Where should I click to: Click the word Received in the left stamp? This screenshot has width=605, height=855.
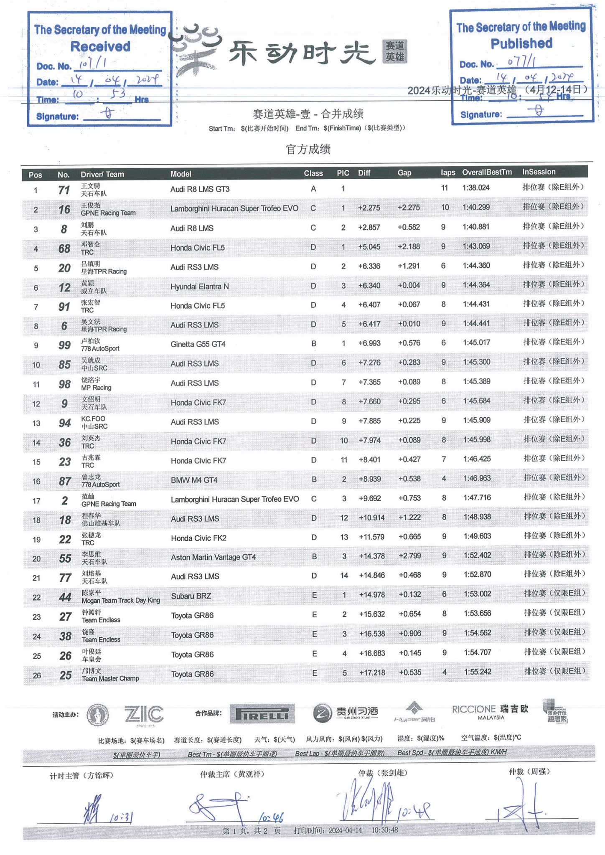pyautogui.click(x=100, y=46)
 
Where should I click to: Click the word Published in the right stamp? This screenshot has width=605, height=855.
pyautogui.click(x=521, y=43)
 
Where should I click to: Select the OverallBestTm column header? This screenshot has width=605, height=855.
pyautogui.click(x=486, y=172)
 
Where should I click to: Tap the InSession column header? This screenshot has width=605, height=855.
pyautogui.click(x=539, y=172)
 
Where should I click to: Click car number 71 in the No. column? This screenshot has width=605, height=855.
pyautogui.click(x=64, y=190)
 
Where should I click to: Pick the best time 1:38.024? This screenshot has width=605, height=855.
pyautogui.click(x=475, y=188)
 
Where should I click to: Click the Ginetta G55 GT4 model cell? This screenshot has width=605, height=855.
pyautogui.click(x=198, y=344)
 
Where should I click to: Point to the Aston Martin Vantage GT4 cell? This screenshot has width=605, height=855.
pyautogui.click(x=213, y=557)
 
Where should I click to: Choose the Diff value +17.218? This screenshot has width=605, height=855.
pyautogui.click(x=372, y=673)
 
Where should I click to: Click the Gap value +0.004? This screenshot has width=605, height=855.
pyautogui.click(x=409, y=285)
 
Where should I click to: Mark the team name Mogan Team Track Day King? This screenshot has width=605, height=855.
pyautogui.click(x=121, y=601)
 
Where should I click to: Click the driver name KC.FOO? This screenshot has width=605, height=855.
pyautogui.click(x=93, y=419)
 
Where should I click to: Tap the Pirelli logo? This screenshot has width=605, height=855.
pyautogui.click(x=262, y=714)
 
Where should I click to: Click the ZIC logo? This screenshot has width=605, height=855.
pyautogui.click(x=144, y=714)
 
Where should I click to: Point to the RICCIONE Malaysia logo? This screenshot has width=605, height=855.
pyautogui.click(x=490, y=712)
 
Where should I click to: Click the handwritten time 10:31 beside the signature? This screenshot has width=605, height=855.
pyautogui.click(x=121, y=818)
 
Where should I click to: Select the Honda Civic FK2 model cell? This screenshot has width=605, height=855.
pyautogui.click(x=198, y=538)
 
